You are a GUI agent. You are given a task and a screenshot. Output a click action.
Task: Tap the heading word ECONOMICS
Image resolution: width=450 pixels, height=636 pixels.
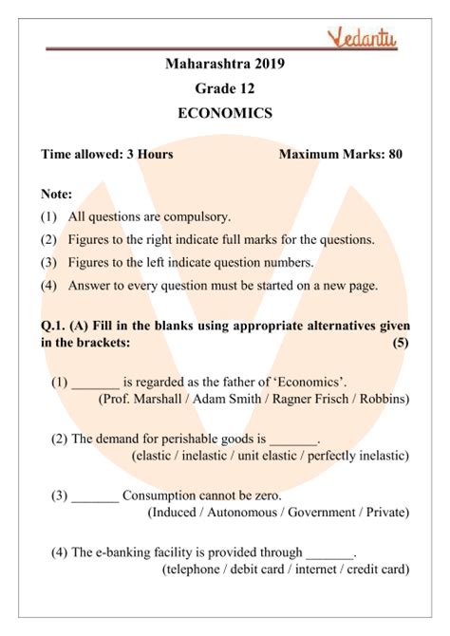point(225,112)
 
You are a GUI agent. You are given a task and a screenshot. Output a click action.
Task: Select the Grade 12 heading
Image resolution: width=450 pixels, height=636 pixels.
point(225,88)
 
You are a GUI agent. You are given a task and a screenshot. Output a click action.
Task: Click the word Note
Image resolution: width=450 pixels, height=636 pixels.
point(57,193)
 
